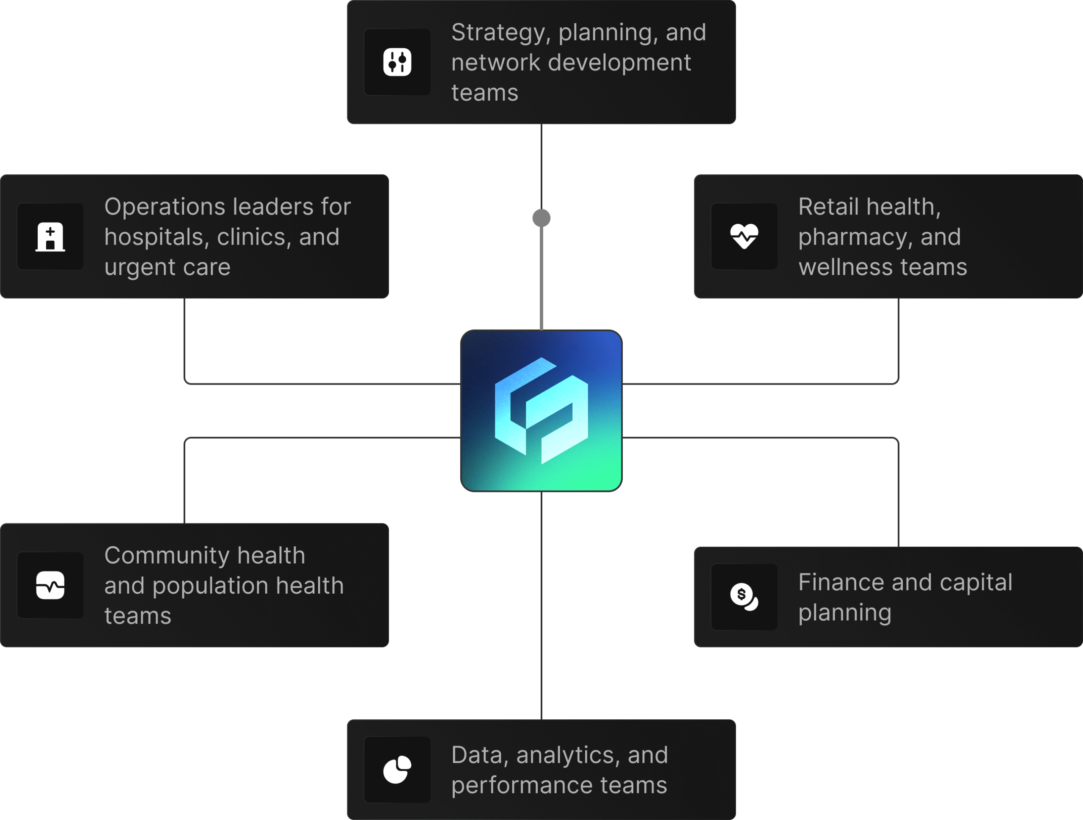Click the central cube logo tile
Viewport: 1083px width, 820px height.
tap(541, 410)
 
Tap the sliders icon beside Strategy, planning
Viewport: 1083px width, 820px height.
tap(397, 62)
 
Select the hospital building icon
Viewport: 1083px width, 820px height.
tap(50, 237)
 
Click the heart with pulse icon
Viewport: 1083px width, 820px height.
tap(744, 237)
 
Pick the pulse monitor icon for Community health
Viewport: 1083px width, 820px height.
tap(50, 585)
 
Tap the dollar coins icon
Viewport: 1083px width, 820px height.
tap(744, 597)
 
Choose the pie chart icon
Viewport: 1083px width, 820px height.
tap(397, 769)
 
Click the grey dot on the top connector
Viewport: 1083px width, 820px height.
tap(541, 218)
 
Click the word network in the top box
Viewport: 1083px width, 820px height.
tap(495, 63)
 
